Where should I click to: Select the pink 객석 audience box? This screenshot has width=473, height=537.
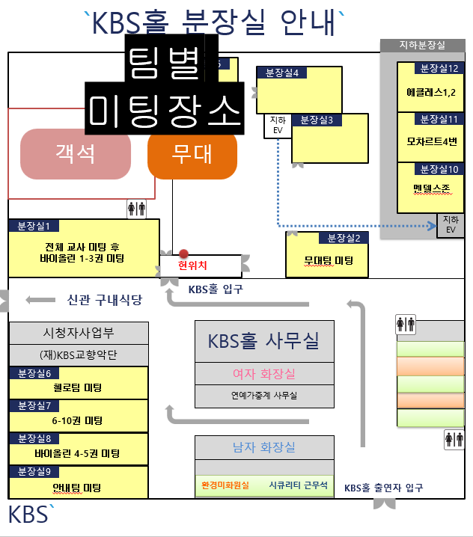point(76,154)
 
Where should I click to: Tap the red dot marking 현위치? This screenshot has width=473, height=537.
point(183,254)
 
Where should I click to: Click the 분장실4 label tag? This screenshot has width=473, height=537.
point(281,73)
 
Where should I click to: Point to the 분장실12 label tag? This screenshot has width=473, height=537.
point(439,68)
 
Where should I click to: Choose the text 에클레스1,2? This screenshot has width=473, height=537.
point(431,93)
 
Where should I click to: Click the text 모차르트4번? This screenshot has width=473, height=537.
point(432,141)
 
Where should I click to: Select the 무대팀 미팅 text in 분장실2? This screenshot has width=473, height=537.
point(329,261)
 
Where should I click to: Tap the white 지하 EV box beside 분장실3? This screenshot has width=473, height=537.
point(278,126)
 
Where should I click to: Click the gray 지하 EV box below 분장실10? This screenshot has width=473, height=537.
point(451,225)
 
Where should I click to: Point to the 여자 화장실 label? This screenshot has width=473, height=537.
point(264,374)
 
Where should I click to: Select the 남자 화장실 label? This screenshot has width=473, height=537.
point(264,447)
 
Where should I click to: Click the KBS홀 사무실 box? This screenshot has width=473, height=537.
point(264,342)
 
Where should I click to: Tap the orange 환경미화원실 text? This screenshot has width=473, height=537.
point(225,485)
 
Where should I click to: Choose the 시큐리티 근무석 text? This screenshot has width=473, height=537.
point(298,485)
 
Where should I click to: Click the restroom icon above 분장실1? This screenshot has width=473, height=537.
point(136,209)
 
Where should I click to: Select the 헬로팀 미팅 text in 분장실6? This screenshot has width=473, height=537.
point(78,387)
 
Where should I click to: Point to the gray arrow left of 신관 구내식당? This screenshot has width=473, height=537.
point(40,300)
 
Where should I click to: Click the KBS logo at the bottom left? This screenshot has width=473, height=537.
point(31,513)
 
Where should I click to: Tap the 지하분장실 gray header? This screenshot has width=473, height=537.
point(423,45)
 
